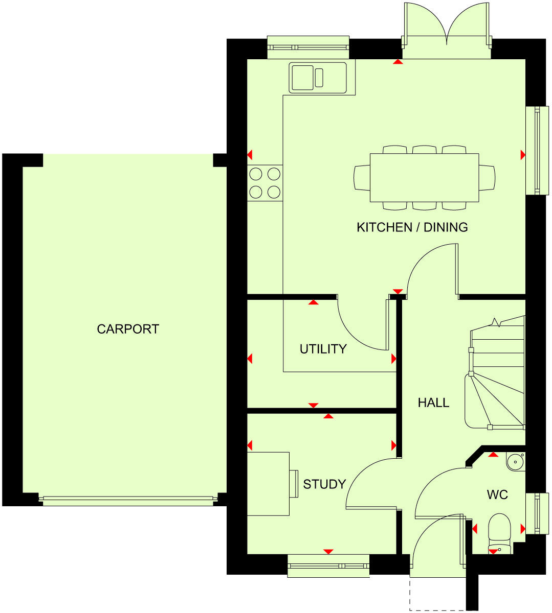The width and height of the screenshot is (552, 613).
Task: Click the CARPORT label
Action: pos(128,329)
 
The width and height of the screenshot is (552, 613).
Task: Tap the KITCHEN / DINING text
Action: pos(412,227)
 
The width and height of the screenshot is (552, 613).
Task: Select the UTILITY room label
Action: pos(323,349)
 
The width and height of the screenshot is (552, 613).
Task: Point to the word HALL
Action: pos(433,403)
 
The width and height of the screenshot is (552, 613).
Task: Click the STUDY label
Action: pos(324,484)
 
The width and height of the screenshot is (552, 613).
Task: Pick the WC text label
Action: pos(497,494)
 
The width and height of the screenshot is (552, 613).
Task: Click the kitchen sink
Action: pos(317,78)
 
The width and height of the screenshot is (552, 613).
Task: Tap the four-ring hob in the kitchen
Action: pos(264,183)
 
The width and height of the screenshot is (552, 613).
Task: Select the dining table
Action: pos(424,177)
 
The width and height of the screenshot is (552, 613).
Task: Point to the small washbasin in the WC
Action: pos(515,461)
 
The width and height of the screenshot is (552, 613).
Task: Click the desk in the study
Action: pos(268,484)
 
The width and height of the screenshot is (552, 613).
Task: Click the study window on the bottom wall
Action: pos(328,566)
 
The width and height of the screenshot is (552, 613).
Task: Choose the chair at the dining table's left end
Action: pos(361,178)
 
